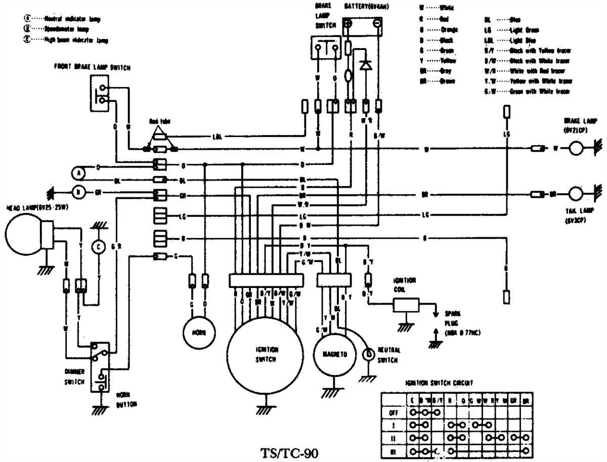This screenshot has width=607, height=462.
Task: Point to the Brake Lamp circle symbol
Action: click(x=576, y=149)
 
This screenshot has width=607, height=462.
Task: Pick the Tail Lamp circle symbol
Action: click(x=576, y=194)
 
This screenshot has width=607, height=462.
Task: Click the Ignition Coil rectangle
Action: click(x=406, y=305)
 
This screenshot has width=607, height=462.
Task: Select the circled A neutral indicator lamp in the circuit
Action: click(x=78, y=173)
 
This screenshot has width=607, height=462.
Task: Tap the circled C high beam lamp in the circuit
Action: click(x=99, y=247)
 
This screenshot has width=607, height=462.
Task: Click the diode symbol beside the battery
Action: click(x=366, y=65)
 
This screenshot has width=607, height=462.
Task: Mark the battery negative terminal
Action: click(x=377, y=23)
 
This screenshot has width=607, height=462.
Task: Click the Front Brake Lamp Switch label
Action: click(x=92, y=66)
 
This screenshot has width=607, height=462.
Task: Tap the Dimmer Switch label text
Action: click(x=74, y=375)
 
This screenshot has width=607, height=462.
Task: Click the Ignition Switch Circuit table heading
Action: click(x=439, y=383)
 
